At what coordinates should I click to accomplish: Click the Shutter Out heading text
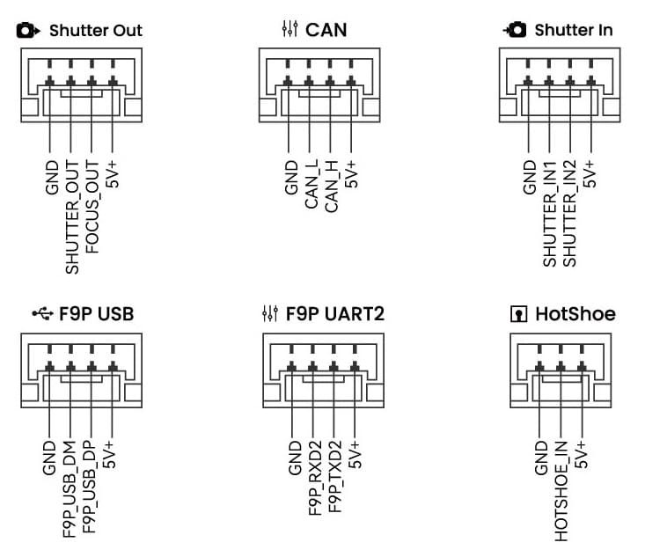[x=95, y=30]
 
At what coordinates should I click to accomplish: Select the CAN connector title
[x=326, y=30]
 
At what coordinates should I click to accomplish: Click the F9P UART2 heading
[x=334, y=313]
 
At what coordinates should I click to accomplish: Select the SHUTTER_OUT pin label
[x=72, y=216]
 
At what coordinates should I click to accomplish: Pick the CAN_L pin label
[x=312, y=184]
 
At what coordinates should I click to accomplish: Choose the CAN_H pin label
[x=332, y=184]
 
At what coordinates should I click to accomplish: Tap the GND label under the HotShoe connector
[x=541, y=458]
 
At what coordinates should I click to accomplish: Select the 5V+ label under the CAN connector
[x=353, y=174]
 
